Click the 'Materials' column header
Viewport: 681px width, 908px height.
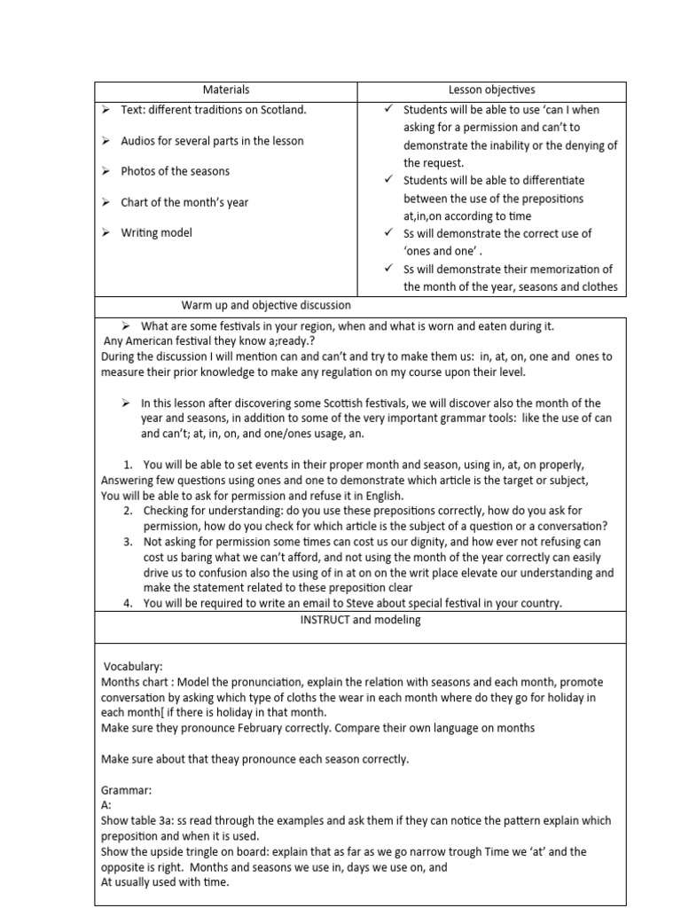click(x=226, y=90)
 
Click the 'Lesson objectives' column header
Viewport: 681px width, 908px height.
click(x=491, y=90)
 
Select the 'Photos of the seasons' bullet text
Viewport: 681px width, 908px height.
click(x=175, y=171)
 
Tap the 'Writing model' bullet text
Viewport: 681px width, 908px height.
click(x=156, y=232)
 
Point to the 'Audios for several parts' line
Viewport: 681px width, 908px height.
click(x=212, y=141)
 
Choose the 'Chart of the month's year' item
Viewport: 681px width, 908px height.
click(x=184, y=202)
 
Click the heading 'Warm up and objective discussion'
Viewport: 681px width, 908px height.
click(x=266, y=306)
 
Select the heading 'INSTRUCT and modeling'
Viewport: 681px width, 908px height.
click(x=359, y=620)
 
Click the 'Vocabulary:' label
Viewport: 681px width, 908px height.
click(x=133, y=666)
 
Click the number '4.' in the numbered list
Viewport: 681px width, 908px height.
click(x=129, y=604)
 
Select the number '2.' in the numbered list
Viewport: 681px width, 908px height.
click(x=129, y=512)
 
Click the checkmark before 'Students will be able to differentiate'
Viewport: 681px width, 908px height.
click(x=388, y=180)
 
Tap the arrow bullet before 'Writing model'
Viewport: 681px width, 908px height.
click(x=104, y=232)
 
